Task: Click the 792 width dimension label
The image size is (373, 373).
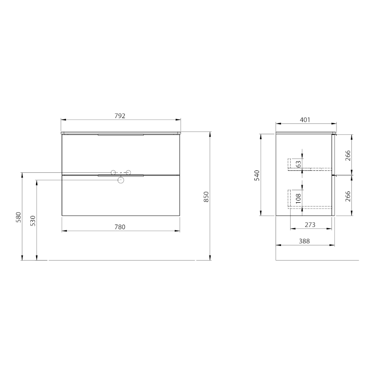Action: coord(120,116)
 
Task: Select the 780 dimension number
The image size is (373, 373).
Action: coord(120,227)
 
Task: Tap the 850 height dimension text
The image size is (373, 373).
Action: coord(206,197)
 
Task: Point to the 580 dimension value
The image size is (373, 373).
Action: coord(19,217)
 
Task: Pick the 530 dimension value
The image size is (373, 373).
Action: coord(33,220)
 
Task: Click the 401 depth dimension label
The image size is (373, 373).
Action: coord(305,120)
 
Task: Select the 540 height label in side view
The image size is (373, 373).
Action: coord(257,175)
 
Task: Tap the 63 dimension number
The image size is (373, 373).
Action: coord(298,164)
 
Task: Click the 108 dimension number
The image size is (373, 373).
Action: coord(298,198)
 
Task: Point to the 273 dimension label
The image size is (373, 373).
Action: coord(310,225)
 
